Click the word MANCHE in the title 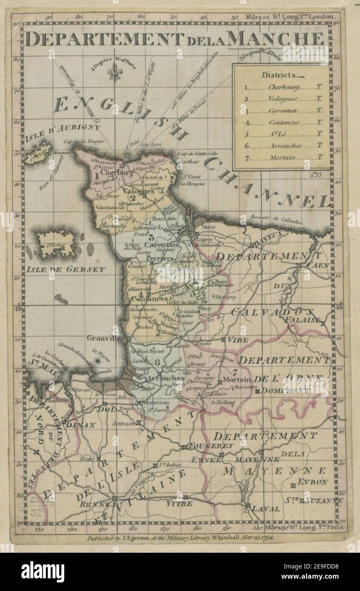coord(277,39)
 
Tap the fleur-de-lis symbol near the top coord(114,74)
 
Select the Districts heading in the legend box coord(280,75)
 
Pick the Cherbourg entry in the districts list coord(283,87)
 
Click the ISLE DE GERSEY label coord(66,270)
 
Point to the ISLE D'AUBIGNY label coord(63,132)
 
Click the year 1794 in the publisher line coord(266,538)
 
